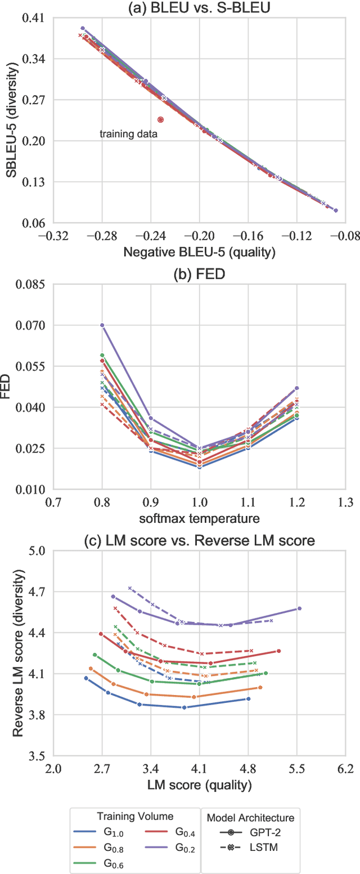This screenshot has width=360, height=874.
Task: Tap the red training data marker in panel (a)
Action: (161, 119)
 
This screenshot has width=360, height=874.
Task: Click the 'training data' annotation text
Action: (128, 134)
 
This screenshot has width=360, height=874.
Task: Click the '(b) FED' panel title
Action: (200, 274)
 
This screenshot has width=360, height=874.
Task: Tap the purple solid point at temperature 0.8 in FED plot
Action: (102, 325)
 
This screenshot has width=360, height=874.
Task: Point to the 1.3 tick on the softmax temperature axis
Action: (345, 501)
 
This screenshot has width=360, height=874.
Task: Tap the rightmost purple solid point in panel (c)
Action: (299, 608)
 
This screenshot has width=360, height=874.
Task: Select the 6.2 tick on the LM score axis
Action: (345, 768)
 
